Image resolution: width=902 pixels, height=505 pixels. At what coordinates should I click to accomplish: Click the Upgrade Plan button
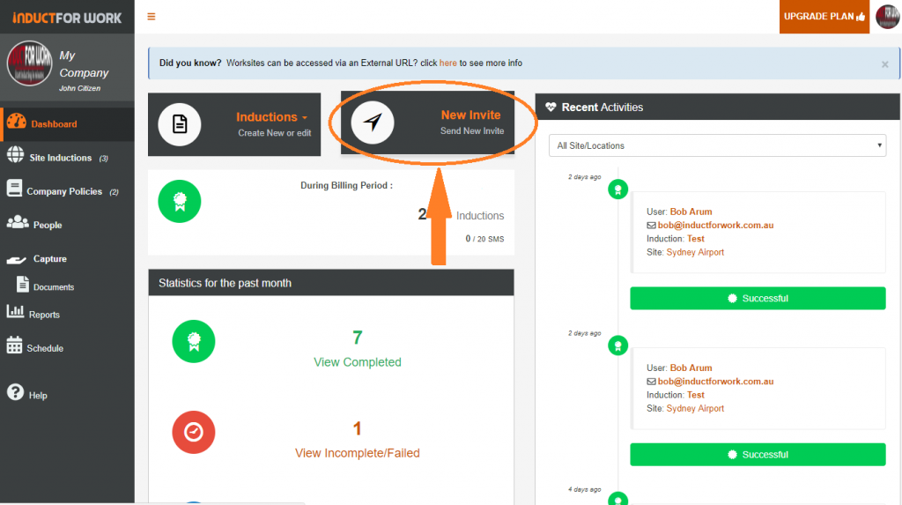[824, 17]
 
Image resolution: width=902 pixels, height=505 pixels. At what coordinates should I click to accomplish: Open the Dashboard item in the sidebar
[54, 124]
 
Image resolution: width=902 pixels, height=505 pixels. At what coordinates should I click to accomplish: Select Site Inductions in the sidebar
[60, 158]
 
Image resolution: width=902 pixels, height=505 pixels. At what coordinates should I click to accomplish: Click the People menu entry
[48, 225]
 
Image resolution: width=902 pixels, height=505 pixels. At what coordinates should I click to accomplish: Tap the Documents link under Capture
[53, 287]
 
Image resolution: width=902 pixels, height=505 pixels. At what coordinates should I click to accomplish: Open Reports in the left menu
[44, 315]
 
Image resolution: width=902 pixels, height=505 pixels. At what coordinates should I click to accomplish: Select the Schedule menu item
[45, 348]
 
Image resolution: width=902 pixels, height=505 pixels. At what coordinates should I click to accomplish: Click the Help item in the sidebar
[37, 396]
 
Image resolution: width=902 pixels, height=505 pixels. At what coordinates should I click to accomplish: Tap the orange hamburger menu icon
[152, 17]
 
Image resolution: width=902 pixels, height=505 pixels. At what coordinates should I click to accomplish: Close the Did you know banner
[884, 64]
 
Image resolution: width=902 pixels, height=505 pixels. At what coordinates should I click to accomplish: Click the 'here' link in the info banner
[448, 63]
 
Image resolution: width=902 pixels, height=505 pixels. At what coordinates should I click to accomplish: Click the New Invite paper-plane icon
[373, 123]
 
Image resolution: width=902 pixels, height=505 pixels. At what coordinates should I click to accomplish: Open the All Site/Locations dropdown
[716, 145]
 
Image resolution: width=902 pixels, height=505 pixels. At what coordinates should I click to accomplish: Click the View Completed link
[357, 362]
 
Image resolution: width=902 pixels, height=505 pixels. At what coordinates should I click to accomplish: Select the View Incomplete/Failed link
[357, 453]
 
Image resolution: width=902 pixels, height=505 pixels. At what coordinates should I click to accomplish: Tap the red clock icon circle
[193, 432]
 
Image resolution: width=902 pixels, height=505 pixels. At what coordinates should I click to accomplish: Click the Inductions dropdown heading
[271, 117]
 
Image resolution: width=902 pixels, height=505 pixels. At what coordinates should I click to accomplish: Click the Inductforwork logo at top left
[67, 18]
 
